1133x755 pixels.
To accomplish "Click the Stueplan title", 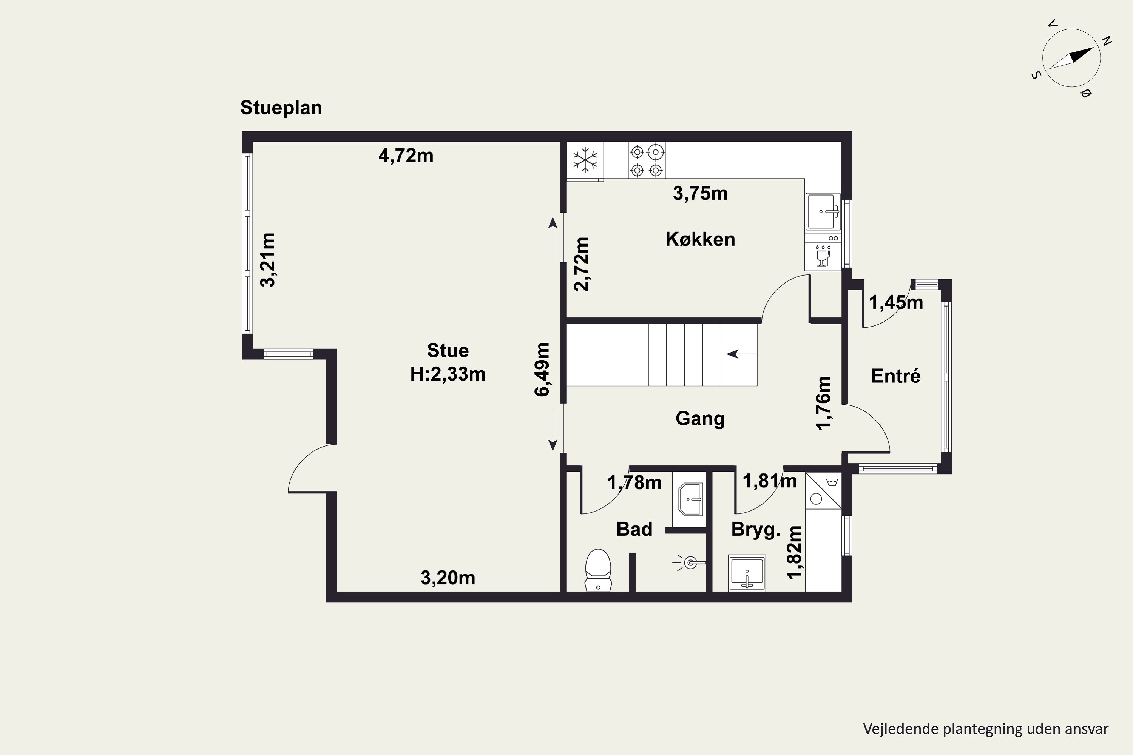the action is pyautogui.click(x=281, y=108).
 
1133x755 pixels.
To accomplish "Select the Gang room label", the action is pyautogui.click(x=700, y=418).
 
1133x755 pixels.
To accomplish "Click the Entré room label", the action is pyautogui.click(x=895, y=376).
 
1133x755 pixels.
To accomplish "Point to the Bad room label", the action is pyautogui.click(x=634, y=529).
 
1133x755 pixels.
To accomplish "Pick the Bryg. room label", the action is pyautogui.click(x=755, y=530).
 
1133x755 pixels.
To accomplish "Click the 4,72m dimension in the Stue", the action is pyautogui.click(x=406, y=156).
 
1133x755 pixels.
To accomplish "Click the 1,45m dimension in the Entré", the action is pyautogui.click(x=895, y=302).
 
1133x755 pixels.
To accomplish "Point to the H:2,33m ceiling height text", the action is pyautogui.click(x=448, y=374).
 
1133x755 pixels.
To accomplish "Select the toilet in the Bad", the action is pyautogui.click(x=598, y=570).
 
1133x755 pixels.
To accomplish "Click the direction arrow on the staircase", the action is pyautogui.click(x=742, y=354).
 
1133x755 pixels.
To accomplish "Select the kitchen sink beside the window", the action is pyautogui.click(x=823, y=212).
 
